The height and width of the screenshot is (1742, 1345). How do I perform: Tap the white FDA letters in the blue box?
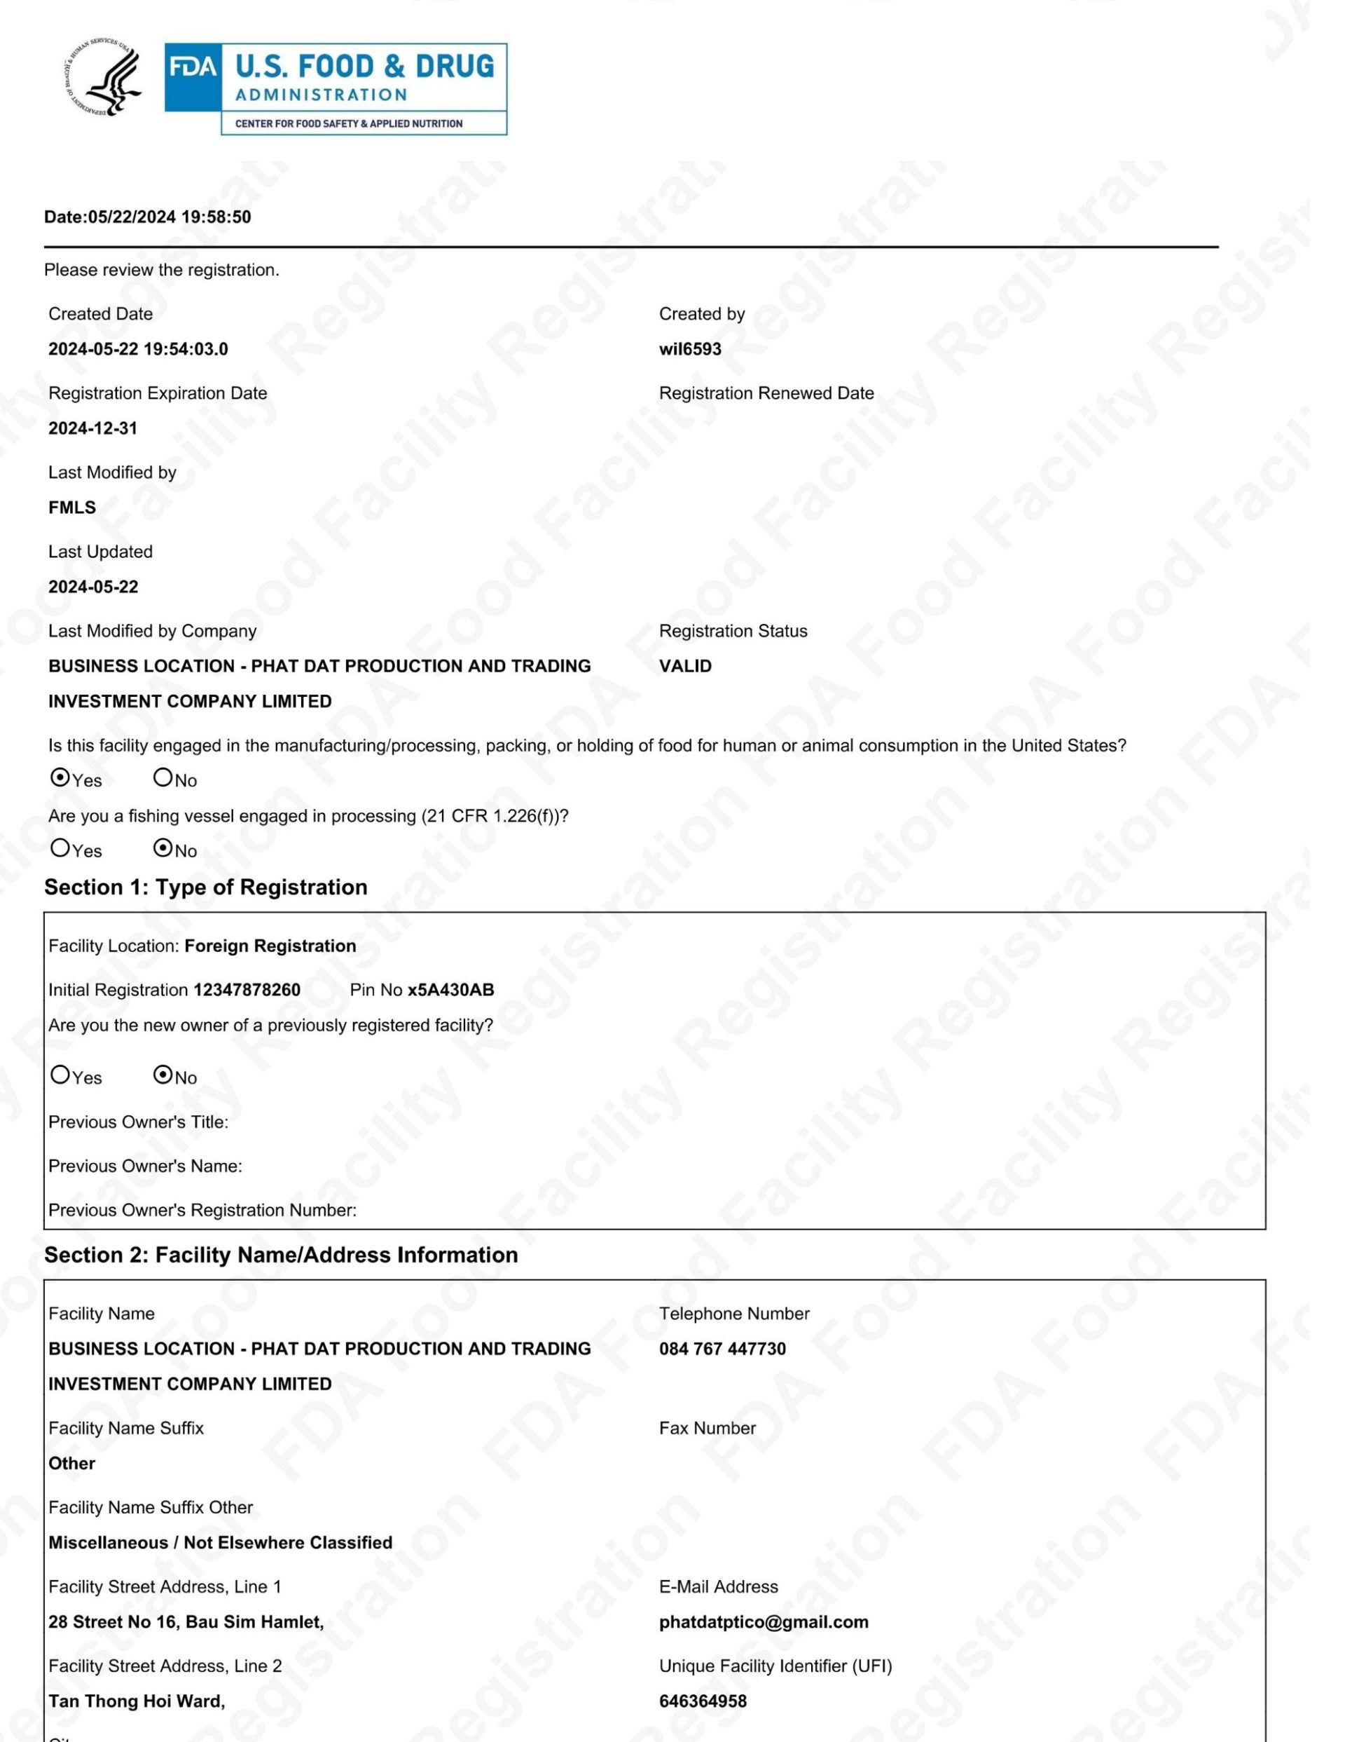[192, 67]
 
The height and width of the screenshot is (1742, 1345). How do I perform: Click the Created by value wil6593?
[689, 349]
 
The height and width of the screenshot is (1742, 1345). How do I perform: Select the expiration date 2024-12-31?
[92, 428]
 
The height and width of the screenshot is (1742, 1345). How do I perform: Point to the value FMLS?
[71, 508]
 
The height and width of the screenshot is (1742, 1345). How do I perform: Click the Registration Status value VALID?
[685, 666]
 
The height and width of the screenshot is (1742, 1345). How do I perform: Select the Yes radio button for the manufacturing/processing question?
[60, 777]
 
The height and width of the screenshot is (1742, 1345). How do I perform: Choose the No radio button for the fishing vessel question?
[163, 848]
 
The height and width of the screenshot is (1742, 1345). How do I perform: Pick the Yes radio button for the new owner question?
[60, 1075]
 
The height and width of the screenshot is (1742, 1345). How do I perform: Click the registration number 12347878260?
[247, 990]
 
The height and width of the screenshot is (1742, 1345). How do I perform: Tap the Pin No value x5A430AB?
[450, 990]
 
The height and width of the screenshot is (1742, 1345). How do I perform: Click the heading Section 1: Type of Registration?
[206, 887]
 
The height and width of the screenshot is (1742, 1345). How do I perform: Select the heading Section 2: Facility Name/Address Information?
[281, 1255]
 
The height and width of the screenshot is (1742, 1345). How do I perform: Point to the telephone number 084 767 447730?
[722, 1349]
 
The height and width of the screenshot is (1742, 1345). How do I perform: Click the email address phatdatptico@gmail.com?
[764, 1621]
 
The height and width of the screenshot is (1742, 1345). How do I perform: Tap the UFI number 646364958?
[703, 1701]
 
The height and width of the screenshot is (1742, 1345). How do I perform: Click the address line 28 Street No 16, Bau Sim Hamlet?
[186, 1621]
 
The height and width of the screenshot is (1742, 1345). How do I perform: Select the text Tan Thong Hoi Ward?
[137, 1701]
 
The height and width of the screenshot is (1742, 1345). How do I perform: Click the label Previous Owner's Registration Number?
[202, 1210]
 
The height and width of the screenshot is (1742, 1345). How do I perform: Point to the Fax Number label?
[708, 1428]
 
